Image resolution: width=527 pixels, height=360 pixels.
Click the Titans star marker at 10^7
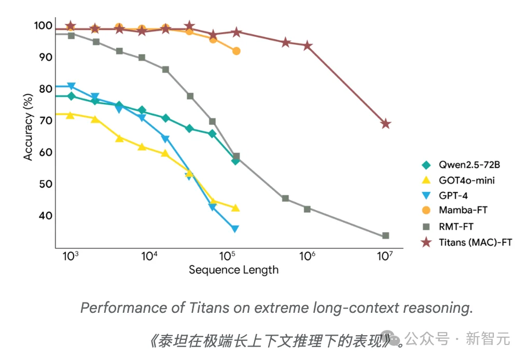pyautogui.click(x=385, y=123)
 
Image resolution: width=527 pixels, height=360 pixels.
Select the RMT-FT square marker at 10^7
pyautogui.click(x=385, y=236)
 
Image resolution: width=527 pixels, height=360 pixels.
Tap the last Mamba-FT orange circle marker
pyautogui.click(x=236, y=51)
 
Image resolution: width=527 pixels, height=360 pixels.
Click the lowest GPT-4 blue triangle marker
pyautogui.click(x=235, y=229)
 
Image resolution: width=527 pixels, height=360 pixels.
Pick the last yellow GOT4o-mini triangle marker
pyautogui.click(x=235, y=208)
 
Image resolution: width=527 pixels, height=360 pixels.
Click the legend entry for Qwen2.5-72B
pyautogui.click(x=469, y=165)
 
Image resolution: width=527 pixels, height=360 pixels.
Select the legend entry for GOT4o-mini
pyautogui.click(x=466, y=181)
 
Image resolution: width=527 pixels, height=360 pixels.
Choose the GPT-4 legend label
pyautogui.click(x=454, y=196)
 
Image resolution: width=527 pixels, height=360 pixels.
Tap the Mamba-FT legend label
pyautogui.click(x=463, y=211)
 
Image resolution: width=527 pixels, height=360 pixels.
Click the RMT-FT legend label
pyautogui.click(x=456, y=226)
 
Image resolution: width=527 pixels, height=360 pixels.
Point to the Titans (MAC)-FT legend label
pyautogui.click(x=475, y=242)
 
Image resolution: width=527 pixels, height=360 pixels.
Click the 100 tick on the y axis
pyautogui.click(x=43, y=25)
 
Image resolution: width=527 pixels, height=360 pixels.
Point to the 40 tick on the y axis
pyautogui.click(x=45, y=216)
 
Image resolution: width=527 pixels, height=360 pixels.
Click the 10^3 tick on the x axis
pyautogui.click(x=70, y=256)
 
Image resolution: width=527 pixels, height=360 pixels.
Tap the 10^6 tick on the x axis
pyautogui.click(x=307, y=256)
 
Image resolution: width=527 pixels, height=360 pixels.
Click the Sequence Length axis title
pyautogui.click(x=233, y=270)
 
